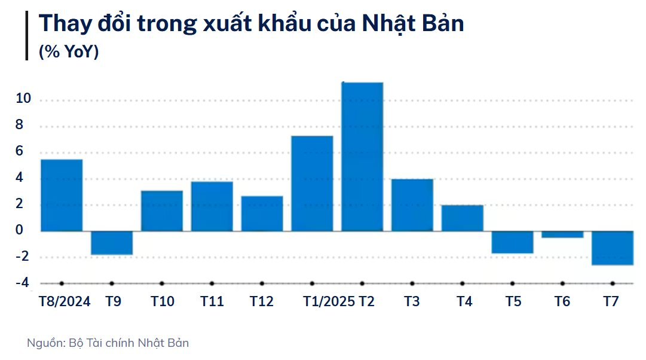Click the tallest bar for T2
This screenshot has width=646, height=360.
(x=362, y=157)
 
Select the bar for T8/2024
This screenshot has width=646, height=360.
(x=62, y=195)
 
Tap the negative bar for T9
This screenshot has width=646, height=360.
(x=112, y=243)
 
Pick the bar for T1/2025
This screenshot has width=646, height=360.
(x=312, y=184)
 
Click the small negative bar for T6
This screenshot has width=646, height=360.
(x=562, y=234)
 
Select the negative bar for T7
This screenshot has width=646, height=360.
(x=613, y=248)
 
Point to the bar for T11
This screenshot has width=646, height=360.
(x=212, y=206)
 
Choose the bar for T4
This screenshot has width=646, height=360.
(x=462, y=218)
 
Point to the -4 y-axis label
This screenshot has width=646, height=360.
(x=22, y=283)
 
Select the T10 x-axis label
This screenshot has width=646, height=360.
(x=162, y=301)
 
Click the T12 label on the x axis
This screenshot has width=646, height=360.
(x=262, y=301)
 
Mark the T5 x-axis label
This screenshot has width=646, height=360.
(x=513, y=301)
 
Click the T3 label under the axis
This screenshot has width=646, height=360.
(x=412, y=301)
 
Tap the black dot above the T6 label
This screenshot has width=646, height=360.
(x=562, y=283)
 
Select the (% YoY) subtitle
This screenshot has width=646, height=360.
(x=69, y=52)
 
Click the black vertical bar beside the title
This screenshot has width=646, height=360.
(x=27, y=35)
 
